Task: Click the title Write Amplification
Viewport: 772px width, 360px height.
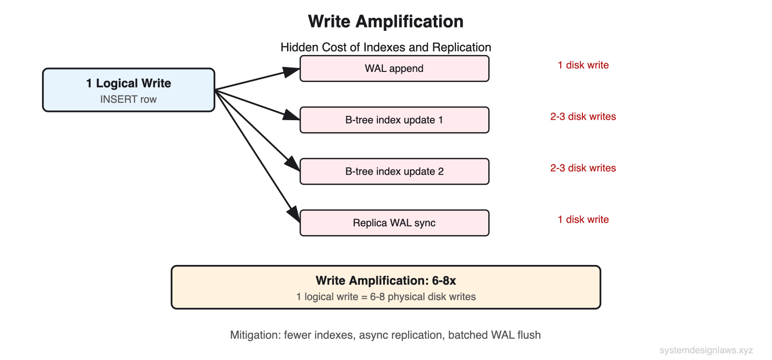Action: [386, 22]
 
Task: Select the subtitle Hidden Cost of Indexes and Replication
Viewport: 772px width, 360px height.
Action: [386, 47]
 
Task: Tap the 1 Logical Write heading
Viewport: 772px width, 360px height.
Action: [128, 83]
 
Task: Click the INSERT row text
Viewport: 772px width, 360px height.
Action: [128, 99]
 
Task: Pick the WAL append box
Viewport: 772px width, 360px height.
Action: [394, 69]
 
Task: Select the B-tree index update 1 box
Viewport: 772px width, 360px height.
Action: [394, 120]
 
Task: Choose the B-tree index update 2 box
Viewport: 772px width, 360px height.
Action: [394, 172]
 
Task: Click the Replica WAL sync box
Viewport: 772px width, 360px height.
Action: [394, 223]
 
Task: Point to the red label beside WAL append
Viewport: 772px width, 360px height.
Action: [583, 65]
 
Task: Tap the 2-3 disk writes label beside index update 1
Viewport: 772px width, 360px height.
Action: [583, 117]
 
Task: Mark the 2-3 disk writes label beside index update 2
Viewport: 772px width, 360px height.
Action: [583, 168]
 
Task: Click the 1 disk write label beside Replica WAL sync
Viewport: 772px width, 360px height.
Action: [583, 220]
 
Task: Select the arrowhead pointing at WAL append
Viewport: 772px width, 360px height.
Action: [292, 72]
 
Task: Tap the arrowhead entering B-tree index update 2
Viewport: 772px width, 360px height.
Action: [293, 164]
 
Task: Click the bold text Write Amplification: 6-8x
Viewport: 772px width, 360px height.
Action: [386, 281]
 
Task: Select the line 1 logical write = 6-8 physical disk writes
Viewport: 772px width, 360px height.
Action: [386, 297]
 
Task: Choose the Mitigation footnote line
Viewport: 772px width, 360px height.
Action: [385, 335]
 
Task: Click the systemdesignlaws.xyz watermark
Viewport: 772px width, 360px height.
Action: [706, 350]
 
